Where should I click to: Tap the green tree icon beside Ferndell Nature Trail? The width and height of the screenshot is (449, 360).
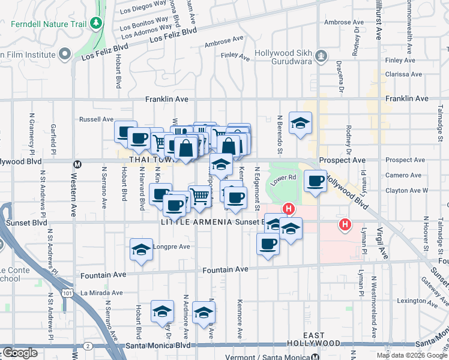tap(95, 23)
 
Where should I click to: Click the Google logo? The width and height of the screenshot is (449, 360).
tap(20, 353)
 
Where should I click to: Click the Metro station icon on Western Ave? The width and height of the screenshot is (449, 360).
tap(77, 164)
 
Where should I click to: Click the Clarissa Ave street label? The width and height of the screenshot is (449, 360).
tap(404, 75)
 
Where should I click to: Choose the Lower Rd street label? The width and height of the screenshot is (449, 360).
tap(285, 177)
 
